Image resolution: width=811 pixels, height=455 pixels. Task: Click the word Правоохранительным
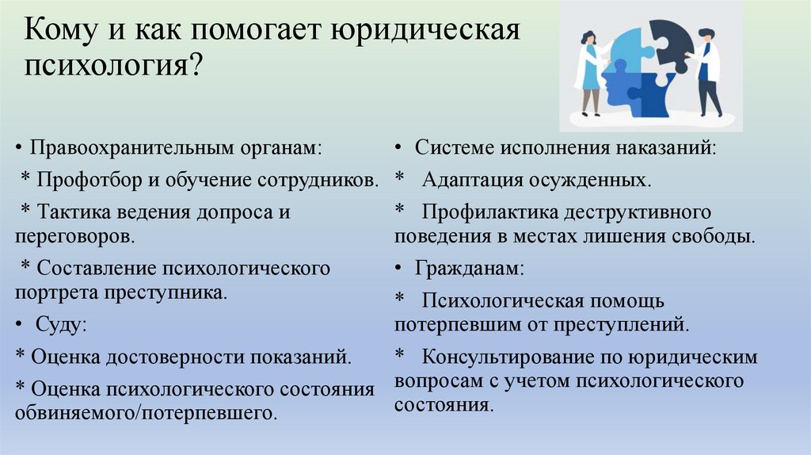[131, 148]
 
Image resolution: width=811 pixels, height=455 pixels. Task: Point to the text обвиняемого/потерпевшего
[146, 413]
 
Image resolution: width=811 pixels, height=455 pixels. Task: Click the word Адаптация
[469, 180]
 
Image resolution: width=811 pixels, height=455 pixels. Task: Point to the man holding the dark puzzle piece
[707, 71]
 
